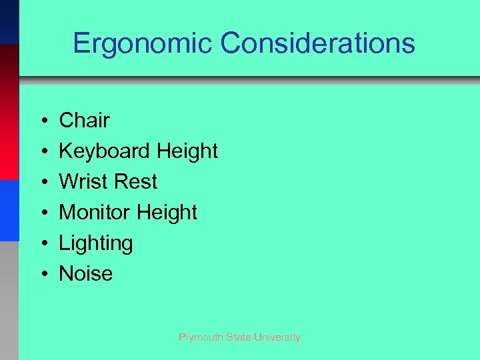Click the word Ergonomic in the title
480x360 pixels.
click(143, 44)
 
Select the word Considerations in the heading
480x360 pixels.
click(318, 44)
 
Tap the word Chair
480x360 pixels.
click(84, 121)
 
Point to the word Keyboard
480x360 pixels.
click(105, 151)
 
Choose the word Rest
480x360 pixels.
click(135, 181)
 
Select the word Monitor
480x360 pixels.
click(94, 212)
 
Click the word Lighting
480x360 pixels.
click(96, 243)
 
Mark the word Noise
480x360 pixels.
click(86, 273)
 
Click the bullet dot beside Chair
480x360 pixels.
click(42, 121)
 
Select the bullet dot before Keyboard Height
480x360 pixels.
click(42, 152)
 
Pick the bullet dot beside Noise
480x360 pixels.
click(42, 274)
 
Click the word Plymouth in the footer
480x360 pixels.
click(200, 337)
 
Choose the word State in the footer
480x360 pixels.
click(239, 337)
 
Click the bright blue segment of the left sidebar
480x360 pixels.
click(9, 210)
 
